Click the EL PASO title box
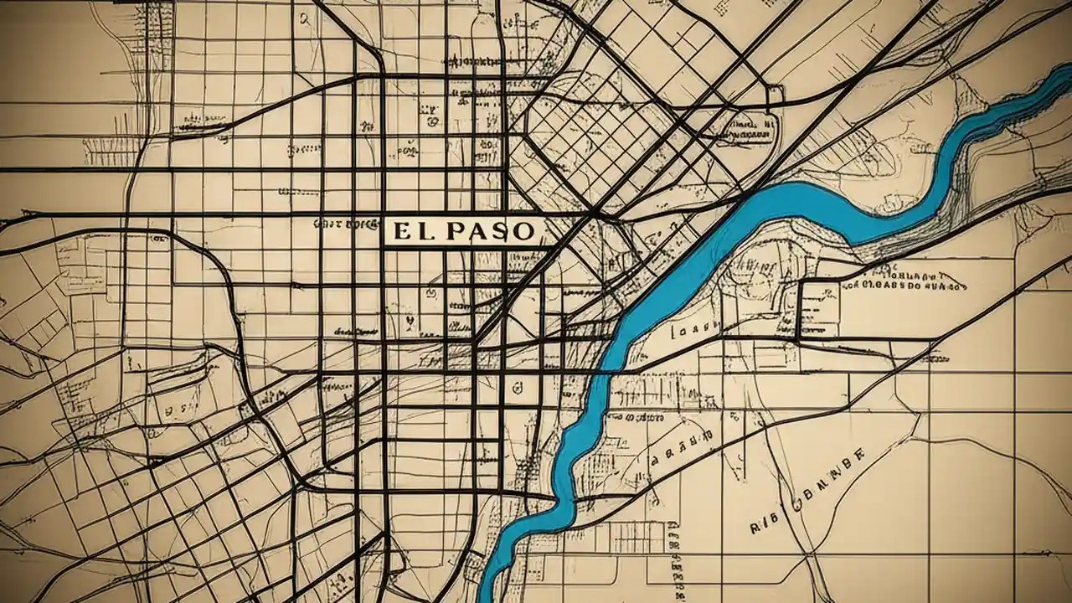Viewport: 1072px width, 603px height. [x=463, y=231]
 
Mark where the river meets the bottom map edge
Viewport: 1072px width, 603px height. [x=490, y=596]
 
